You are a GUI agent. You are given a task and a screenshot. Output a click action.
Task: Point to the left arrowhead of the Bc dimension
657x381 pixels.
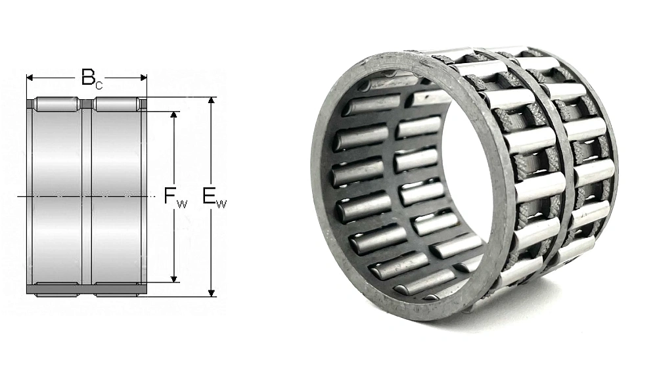pyautogui.click(x=30, y=77)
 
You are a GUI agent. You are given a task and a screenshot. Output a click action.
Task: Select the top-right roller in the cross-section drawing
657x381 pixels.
pyautogui.click(x=116, y=104)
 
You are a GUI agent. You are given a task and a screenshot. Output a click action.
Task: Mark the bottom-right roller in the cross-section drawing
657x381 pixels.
pyautogui.click(x=116, y=290)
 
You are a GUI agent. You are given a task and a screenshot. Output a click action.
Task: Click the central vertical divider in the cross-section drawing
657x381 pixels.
pyautogui.click(x=86, y=196)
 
